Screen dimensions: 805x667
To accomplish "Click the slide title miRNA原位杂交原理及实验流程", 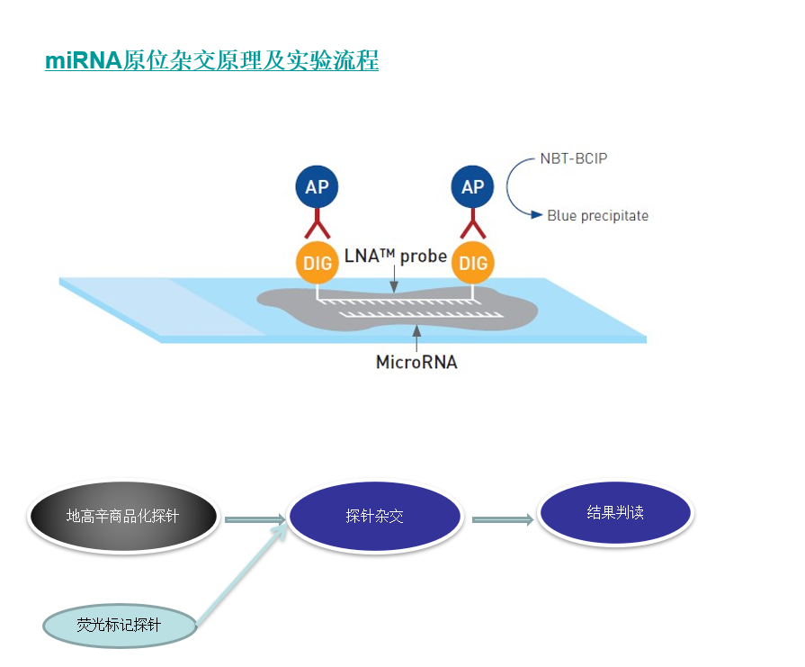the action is point(211,60).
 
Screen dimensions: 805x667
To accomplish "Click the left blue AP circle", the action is point(317,186).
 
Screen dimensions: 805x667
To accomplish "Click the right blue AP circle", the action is point(472,186).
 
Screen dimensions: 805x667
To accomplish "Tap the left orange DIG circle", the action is point(317,263).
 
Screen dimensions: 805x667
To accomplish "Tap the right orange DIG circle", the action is point(473,263).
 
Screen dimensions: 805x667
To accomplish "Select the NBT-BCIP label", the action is point(574,158).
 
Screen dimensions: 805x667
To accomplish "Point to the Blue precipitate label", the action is point(597,215).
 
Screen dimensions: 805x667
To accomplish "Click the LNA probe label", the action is point(396,256).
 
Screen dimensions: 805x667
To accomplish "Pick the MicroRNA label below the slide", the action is point(416,362).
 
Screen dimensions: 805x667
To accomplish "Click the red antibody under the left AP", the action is point(318,224).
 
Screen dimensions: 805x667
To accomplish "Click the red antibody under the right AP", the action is point(473,224).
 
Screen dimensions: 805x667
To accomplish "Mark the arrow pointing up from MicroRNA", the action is point(416,338).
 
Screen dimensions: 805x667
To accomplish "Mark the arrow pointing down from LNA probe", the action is point(394,279).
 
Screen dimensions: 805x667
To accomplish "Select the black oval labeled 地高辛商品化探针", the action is point(123,516).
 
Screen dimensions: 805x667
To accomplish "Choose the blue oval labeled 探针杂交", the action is point(375,516).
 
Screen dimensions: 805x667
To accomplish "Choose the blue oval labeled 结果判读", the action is point(615,512).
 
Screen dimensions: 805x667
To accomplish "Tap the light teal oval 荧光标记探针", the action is point(120,626).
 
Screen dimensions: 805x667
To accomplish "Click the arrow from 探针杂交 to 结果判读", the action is point(503,519).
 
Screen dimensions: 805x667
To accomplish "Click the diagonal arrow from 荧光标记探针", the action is point(241,574).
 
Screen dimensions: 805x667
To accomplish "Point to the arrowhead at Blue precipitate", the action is point(536,215).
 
